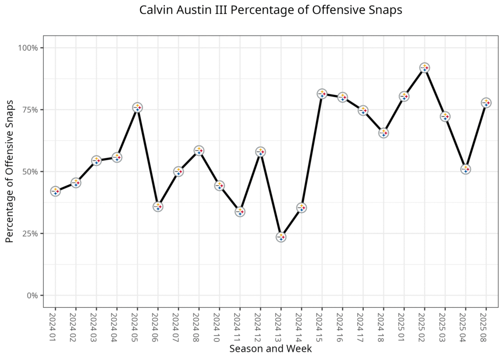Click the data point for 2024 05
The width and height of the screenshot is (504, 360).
[137, 107]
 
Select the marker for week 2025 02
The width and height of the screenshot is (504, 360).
[425, 67]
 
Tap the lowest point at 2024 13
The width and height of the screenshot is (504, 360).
[281, 237]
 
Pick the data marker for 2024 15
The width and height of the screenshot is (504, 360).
[322, 94]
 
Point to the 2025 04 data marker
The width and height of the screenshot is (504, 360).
[466, 169]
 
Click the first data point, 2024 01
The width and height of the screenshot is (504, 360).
[55, 191]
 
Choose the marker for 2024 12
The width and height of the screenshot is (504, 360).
[260, 152]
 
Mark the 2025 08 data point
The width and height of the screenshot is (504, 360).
[486, 102]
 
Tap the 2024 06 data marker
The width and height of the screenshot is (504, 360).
[158, 206]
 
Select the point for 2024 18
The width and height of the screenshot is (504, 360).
[383, 132]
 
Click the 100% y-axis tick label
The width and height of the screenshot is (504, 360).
[28, 48]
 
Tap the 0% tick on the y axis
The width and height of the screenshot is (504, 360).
[32, 295]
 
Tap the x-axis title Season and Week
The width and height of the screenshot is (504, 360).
[270, 349]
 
